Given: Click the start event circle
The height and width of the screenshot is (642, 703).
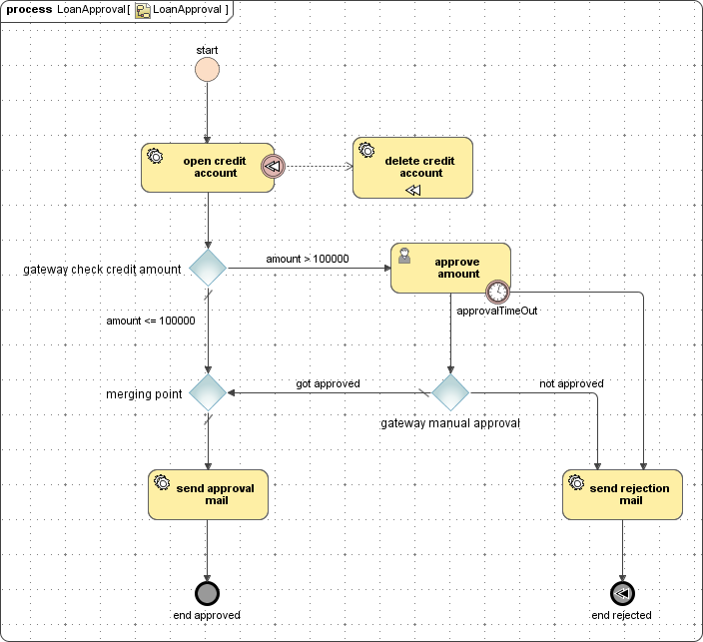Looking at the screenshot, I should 207,69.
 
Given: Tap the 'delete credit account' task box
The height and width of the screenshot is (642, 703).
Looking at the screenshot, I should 412,167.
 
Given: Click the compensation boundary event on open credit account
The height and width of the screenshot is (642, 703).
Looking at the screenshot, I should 273,167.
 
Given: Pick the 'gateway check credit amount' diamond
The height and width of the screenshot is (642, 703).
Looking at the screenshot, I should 208,269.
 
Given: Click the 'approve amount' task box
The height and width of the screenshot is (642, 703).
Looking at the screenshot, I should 450,268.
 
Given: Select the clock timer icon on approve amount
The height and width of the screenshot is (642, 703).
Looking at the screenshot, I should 497,292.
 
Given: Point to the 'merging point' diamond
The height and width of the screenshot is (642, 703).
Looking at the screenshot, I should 208,392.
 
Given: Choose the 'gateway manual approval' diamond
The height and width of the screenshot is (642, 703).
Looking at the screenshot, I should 450,392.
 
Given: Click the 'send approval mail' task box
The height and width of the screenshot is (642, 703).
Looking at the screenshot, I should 208,494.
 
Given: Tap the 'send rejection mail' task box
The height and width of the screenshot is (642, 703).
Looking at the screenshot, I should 622,494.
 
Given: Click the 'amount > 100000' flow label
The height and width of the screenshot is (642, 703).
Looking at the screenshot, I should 307,259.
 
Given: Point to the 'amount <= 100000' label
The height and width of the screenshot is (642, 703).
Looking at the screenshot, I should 151,321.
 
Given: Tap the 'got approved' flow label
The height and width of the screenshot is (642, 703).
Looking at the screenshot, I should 328,383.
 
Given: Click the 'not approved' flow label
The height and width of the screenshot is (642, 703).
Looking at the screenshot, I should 571,383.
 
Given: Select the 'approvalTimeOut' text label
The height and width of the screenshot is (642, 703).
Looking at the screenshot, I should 497,311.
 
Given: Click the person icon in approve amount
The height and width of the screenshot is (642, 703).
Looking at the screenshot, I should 404,256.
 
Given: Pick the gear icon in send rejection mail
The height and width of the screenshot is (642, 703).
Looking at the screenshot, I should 576,482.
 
